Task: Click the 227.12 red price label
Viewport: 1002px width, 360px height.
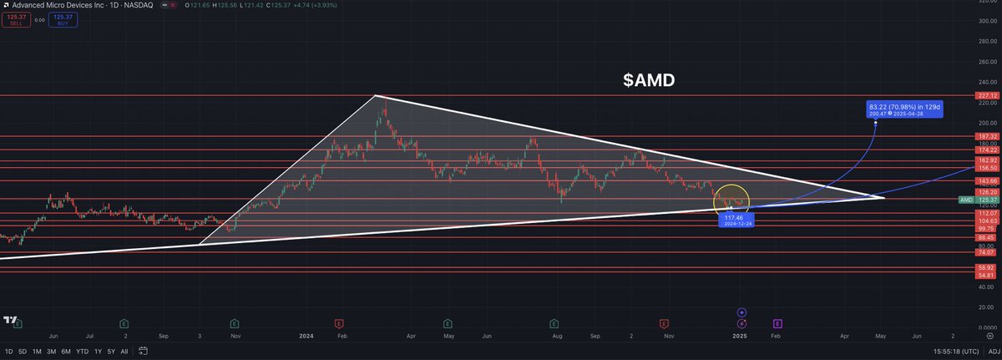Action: [989, 95]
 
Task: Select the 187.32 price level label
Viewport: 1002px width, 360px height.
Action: [989, 135]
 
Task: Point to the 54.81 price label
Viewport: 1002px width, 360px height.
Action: [989, 298]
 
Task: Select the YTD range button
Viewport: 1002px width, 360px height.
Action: [82, 352]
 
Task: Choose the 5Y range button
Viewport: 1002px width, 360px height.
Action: [112, 352]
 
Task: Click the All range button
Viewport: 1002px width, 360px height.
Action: [124, 352]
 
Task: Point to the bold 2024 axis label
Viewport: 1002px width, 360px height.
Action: [306, 335]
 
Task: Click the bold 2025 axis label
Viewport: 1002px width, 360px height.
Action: [740, 335]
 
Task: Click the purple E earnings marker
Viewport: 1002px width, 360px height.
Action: [777, 322]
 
